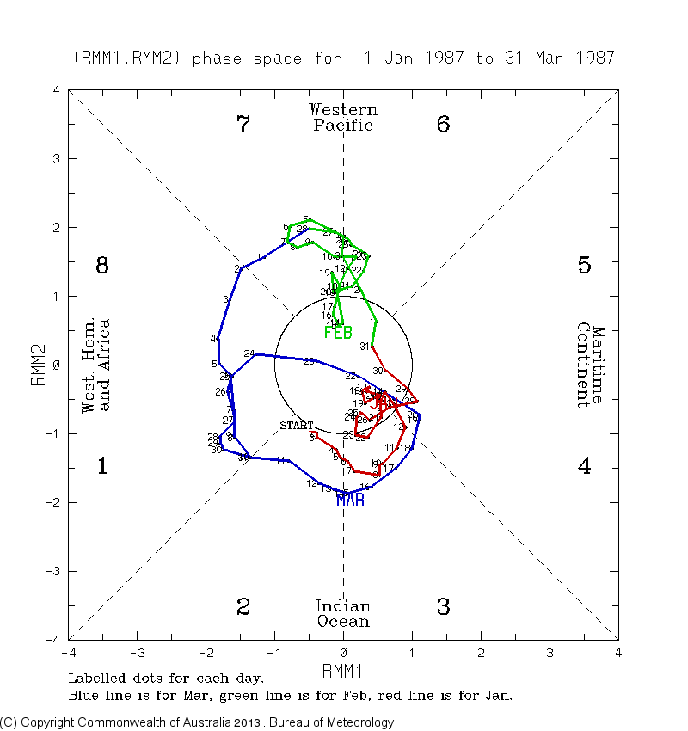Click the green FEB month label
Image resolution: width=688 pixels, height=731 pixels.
tap(338, 333)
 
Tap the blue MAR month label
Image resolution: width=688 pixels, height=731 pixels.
tap(350, 500)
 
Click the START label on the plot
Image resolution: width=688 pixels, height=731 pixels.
tap(297, 426)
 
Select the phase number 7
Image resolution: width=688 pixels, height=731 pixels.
tap(243, 125)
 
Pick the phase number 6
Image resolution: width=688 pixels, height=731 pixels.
tap(443, 125)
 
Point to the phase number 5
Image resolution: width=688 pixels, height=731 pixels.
tap(584, 266)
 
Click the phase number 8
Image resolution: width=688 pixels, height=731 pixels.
tap(101, 266)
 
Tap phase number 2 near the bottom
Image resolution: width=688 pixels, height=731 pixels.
tap(243, 607)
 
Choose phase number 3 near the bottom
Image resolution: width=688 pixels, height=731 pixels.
tap(443, 607)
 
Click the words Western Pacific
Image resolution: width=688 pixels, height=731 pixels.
tap(343, 118)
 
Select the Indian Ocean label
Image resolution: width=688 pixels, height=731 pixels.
tap(343, 614)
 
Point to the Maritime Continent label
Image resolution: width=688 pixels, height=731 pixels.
tap(592, 365)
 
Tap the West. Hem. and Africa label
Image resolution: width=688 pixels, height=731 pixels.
tap(95, 365)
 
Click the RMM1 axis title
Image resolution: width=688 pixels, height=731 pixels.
tap(343, 670)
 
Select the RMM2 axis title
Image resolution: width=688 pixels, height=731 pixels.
tap(38, 365)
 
